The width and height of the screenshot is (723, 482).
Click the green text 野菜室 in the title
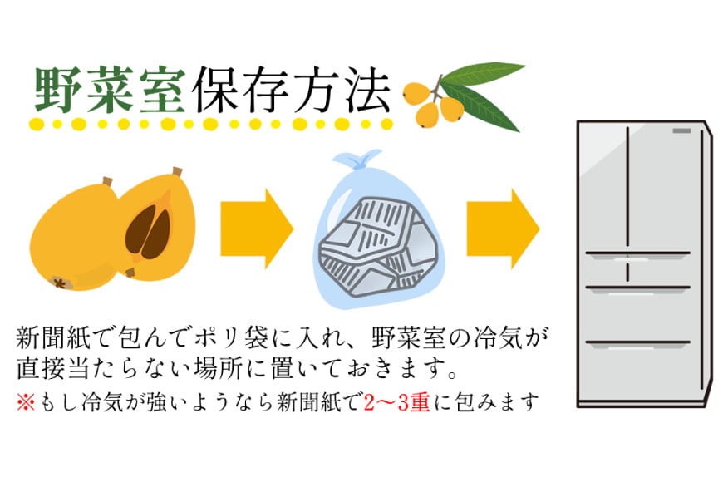[110, 90]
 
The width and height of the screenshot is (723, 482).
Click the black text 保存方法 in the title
[293, 90]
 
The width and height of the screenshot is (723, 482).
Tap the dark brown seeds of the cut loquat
[148, 232]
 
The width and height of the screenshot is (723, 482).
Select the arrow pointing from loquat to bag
[257, 229]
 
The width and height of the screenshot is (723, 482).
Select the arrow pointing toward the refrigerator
[503, 229]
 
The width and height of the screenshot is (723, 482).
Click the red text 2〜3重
[397, 403]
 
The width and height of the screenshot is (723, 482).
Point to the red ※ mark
[26, 403]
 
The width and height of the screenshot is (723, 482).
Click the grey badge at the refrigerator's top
[681, 131]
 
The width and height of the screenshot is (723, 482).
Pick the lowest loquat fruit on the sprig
[428, 115]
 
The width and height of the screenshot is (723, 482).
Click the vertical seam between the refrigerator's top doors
[627, 189]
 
